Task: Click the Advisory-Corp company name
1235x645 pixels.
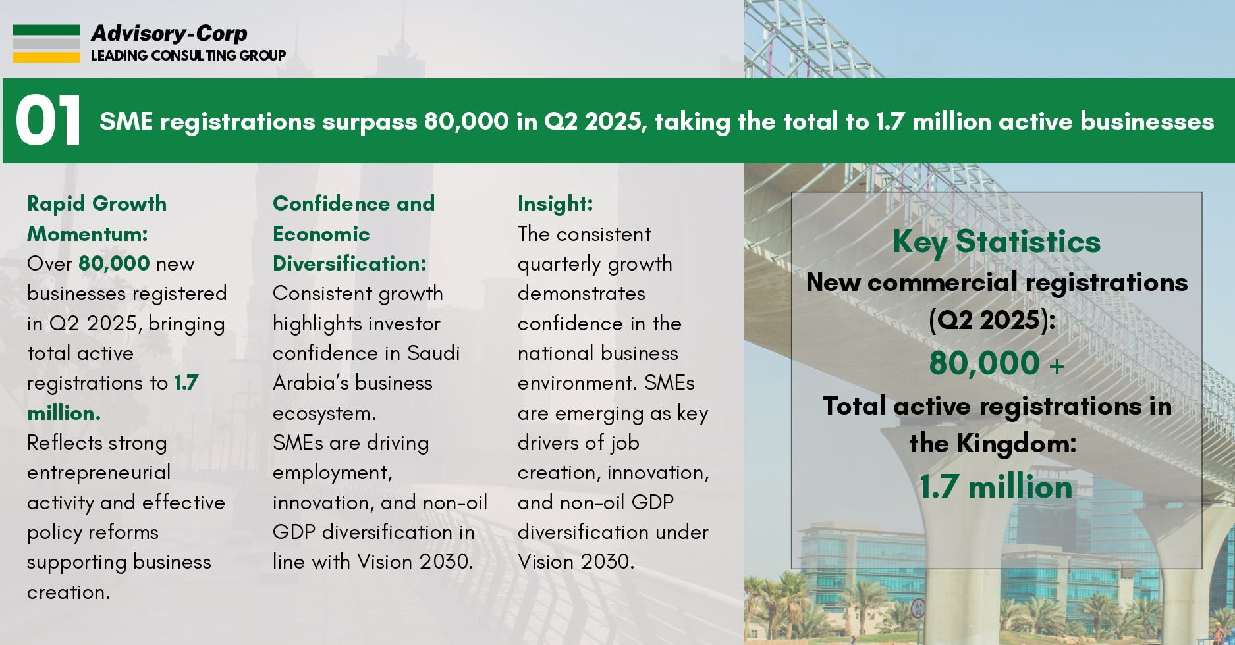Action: coord(169,33)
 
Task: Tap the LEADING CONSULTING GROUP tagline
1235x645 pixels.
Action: coord(188,55)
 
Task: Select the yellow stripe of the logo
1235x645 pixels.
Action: coord(46,57)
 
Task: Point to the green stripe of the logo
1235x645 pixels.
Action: coord(46,30)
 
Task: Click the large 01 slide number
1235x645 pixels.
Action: coord(48,121)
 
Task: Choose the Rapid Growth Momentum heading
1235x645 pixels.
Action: coord(96,219)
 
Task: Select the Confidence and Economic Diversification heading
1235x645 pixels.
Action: coord(353,233)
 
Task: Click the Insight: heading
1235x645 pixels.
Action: coord(555,203)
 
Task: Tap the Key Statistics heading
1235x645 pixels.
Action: coord(996,242)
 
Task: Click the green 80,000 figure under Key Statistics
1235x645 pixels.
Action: coord(984,363)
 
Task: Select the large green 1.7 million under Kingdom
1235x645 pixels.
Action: coord(996,487)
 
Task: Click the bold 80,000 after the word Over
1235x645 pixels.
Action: coord(114,263)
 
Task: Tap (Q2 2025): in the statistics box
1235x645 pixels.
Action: coord(992,321)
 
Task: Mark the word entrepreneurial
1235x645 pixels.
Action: coord(99,473)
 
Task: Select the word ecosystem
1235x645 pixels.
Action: coord(324,413)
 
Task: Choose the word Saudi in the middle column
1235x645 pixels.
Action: coord(433,353)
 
